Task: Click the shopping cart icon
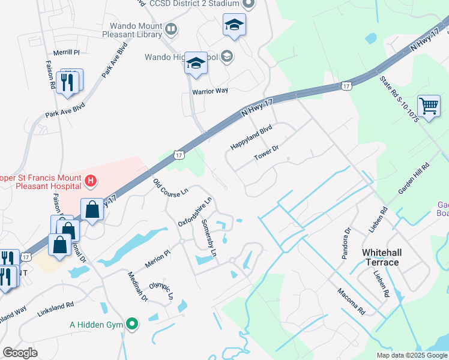tap(429, 107)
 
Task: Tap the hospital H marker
tap(91, 179)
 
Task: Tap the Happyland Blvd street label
tap(252, 138)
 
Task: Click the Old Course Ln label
tap(171, 187)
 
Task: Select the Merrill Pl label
tap(66, 53)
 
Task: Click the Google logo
tap(20, 353)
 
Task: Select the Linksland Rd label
tap(55, 305)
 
